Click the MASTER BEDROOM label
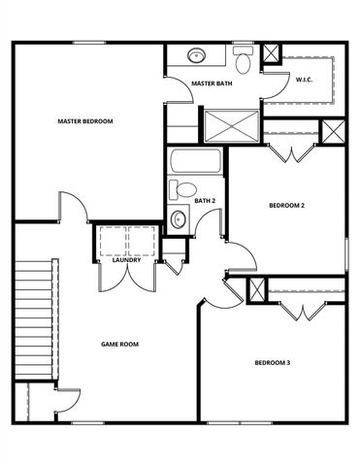click(x=85, y=121)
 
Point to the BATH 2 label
click(x=204, y=201)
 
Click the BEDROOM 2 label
click(x=286, y=205)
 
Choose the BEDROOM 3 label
click(x=273, y=363)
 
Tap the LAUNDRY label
click(x=127, y=260)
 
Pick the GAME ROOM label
click(x=121, y=344)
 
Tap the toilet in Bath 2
click(x=181, y=189)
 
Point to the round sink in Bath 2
click(x=178, y=219)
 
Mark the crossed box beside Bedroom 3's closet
click(x=256, y=288)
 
